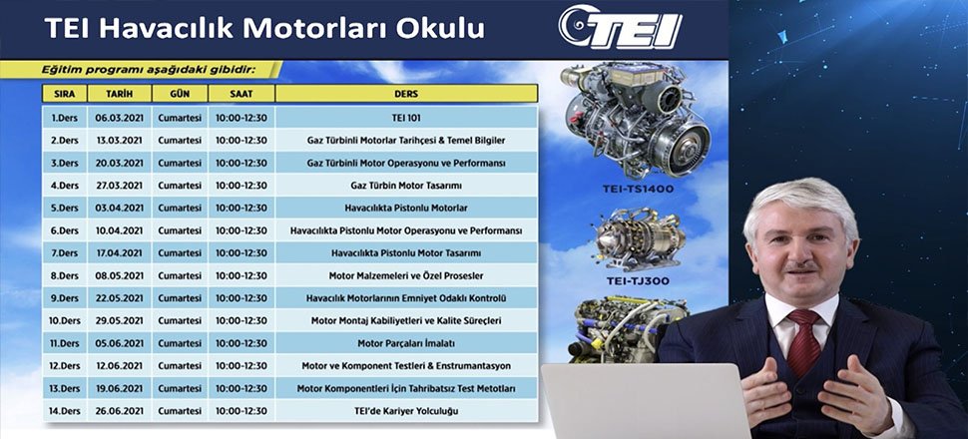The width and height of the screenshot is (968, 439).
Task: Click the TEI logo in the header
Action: coord(620,27)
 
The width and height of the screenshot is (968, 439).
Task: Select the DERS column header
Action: coord(406,94)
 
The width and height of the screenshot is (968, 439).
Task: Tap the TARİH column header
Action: coord(119,94)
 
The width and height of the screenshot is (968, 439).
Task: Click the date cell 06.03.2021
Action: coord(119,118)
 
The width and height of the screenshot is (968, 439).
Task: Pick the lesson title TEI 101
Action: coord(406,118)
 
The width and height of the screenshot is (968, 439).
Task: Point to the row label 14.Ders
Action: coord(65,411)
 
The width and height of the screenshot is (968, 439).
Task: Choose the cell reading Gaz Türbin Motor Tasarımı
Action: coord(406,186)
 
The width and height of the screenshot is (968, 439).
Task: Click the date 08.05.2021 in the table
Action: coord(119,275)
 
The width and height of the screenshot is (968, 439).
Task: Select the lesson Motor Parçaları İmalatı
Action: coord(406,343)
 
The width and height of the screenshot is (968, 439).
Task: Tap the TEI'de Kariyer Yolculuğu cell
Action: coord(406,411)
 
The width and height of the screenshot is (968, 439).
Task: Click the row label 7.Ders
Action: coord(65,253)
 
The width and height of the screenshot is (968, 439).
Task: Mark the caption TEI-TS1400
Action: coord(637,189)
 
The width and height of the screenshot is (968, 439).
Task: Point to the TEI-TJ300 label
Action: coord(637,281)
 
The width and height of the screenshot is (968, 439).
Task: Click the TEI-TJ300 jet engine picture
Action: coord(639,238)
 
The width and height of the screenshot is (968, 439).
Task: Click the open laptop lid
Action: coord(645,401)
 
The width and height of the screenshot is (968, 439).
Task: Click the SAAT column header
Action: coord(242,94)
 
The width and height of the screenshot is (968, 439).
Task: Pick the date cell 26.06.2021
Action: coord(119,411)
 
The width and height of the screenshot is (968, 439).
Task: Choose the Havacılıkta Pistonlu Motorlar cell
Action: coord(406,209)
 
